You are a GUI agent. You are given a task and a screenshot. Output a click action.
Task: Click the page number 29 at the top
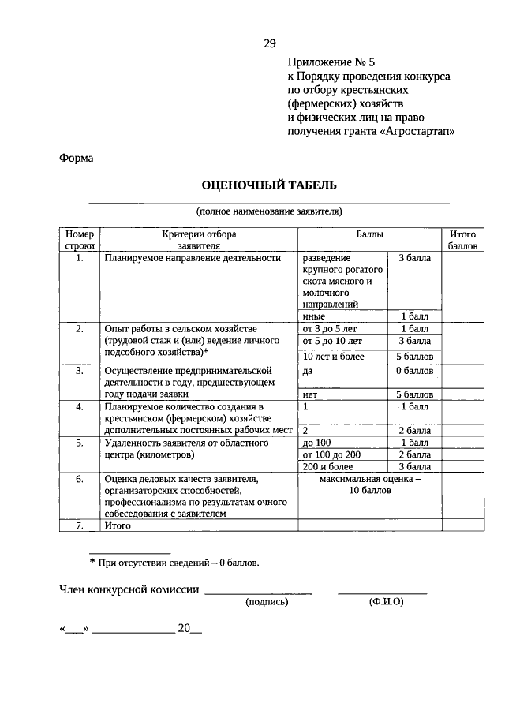(x=269, y=44)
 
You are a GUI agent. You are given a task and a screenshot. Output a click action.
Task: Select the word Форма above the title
(x=77, y=158)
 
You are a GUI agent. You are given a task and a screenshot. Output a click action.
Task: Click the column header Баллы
(x=369, y=234)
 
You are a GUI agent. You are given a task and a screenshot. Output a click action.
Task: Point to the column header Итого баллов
(x=462, y=240)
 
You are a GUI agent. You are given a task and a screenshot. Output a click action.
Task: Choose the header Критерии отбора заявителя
(x=199, y=240)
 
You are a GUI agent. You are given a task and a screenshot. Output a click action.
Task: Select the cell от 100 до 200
(x=331, y=454)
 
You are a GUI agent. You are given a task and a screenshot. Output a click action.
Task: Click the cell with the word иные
(x=314, y=316)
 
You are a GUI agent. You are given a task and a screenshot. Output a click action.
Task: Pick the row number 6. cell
(x=79, y=479)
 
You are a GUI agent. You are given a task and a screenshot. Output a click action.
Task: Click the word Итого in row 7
(x=117, y=525)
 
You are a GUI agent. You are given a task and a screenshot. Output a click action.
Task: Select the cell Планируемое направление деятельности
(x=193, y=258)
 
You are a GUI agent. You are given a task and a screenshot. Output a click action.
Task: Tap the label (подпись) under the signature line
(x=267, y=601)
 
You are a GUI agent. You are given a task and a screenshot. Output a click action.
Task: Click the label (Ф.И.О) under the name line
(x=385, y=601)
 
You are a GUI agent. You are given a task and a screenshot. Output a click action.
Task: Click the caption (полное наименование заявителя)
(x=269, y=211)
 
